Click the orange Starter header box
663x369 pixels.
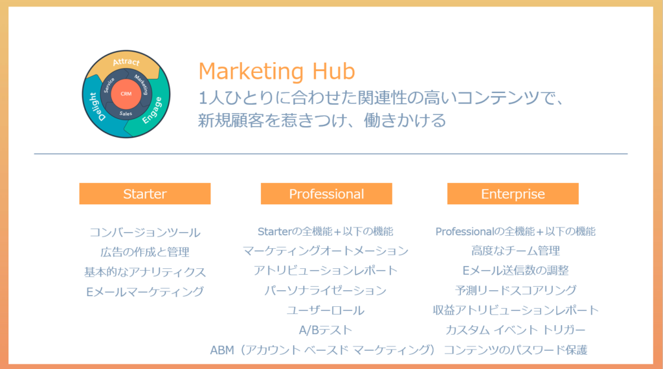144,194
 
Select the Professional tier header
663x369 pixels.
326,194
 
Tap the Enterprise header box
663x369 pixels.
513,194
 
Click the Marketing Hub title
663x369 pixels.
276,71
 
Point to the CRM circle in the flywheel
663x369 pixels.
126,94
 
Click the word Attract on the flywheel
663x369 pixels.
126,62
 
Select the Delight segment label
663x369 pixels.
96,107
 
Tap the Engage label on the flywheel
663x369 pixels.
152,111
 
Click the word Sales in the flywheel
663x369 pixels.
126,114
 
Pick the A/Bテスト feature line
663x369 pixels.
325,330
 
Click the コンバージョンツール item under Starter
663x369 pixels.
145,232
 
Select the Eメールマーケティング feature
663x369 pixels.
145,291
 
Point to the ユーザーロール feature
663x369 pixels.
325,310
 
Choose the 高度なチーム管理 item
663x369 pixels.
515,251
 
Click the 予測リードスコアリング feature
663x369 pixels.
515,290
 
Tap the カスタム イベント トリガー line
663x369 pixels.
515,330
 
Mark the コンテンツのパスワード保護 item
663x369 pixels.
515,350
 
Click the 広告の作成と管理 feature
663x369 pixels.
145,252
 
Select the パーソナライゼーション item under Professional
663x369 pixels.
325,290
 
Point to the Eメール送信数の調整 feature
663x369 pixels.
515,270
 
